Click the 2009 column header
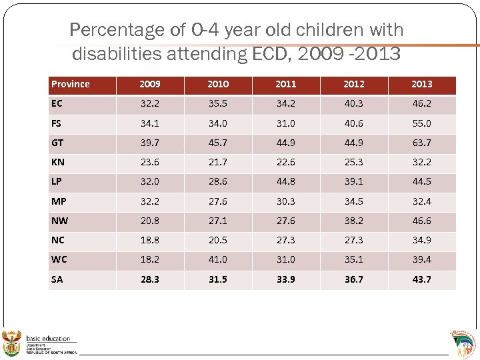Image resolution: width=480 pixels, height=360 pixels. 150,84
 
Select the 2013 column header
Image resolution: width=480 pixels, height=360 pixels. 421,84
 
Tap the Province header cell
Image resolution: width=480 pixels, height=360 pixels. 71,84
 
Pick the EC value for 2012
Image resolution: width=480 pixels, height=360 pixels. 353,104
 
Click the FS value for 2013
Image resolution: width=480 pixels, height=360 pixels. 421,123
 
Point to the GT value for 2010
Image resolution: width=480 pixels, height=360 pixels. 217,143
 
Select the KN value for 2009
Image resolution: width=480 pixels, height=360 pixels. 150,162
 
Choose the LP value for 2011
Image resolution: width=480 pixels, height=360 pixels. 285,182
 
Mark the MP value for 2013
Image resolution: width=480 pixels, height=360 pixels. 421,201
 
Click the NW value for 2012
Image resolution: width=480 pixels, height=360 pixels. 353,221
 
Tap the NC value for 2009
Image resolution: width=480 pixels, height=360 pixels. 150,240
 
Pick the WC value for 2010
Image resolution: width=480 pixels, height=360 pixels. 217,260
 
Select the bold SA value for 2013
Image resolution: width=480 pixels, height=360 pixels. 421,279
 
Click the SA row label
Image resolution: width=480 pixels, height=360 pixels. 57,279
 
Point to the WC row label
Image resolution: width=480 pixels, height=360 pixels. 59,260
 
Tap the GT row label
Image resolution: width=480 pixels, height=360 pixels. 57,143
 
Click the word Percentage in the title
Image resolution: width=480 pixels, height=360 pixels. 117,30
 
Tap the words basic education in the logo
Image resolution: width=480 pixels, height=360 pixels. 48,339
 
